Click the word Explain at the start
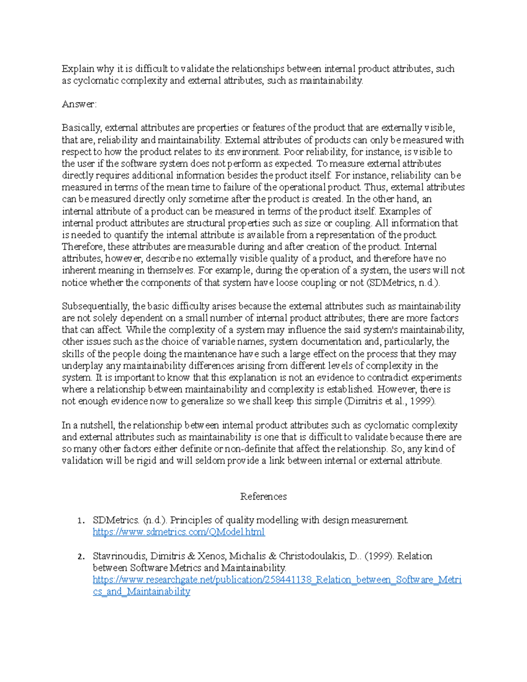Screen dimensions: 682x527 (78, 69)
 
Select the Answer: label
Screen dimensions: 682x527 (79, 105)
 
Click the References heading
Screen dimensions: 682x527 (263, 497)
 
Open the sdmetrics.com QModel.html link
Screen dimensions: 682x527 (179, 532)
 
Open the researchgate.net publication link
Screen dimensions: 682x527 (277, 580)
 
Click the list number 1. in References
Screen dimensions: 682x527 (80, 521)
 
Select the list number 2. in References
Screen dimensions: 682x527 (80, 557)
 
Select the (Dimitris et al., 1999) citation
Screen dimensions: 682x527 (390, 401)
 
